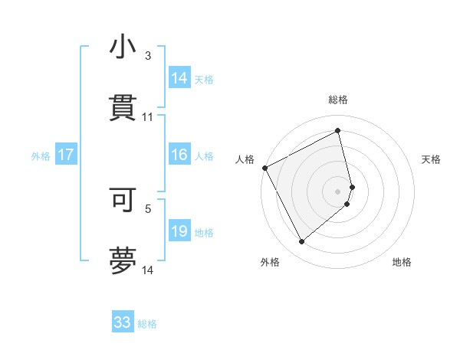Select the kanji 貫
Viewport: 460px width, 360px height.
(123, 108)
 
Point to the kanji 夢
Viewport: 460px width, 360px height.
(123, 260)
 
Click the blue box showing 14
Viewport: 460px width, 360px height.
(179, 77)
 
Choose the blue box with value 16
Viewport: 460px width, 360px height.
(179, 155)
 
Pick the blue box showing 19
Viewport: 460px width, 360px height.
(179, 231)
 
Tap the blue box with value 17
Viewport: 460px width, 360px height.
(66, 155)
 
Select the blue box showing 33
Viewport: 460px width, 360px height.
(123, 322)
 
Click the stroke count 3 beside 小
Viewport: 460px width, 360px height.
(148, 56)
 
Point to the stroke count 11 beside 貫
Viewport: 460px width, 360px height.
(148, 117)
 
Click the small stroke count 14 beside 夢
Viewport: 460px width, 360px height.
(148, 270)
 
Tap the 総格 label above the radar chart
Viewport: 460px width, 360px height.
(338, 100)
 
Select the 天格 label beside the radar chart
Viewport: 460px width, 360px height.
(432, 159)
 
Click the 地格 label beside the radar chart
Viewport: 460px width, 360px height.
(402, 262)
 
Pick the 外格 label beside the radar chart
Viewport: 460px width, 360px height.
(270, 262)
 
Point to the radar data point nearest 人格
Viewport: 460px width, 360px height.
(264, 168)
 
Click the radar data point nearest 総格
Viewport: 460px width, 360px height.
(338, 131)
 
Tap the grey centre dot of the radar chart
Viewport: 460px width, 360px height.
(338, 191)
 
